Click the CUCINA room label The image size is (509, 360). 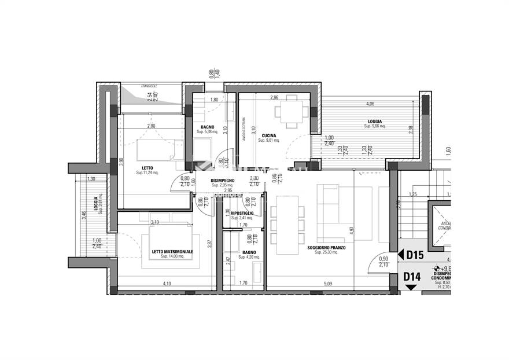269,134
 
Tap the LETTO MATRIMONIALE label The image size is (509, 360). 172,252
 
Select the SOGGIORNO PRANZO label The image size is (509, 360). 326,247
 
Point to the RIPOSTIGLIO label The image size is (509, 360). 242,213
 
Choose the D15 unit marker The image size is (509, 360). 415,255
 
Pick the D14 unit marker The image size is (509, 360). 412,277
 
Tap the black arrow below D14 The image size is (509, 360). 411,288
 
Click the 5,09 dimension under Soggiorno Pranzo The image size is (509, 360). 328,284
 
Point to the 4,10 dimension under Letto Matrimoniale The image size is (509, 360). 167,284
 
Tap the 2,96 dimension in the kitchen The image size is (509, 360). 274,97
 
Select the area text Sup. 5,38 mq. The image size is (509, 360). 206,132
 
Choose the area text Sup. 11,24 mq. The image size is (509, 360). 147,172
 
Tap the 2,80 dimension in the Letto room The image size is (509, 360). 151,126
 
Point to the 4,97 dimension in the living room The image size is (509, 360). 351,230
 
